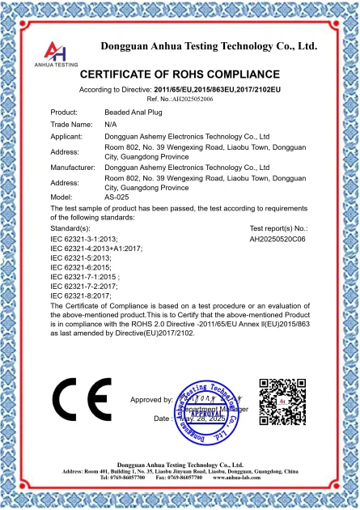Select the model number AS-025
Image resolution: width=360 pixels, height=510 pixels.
click(x=117, y=197)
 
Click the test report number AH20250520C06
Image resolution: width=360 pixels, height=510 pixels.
click(x=277, y=240)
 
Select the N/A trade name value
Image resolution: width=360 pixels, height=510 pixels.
click(x=111, y=125)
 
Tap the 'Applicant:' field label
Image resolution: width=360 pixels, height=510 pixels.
click(x=67, y=138)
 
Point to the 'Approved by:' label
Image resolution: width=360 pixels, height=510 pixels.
click(x=151, y=400)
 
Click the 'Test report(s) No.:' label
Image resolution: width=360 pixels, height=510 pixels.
click(x=279, y=229)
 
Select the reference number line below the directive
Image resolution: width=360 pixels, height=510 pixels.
click(x=180, y=96)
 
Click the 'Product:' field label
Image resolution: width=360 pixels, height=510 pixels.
click(x=64, y=111)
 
